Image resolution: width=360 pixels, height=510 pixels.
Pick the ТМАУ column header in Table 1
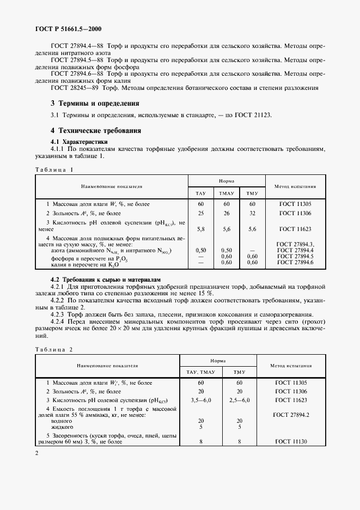click(225, 193)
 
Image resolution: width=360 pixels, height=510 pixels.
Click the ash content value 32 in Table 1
click(252, 213)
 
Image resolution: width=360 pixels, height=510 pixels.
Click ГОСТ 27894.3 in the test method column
click(296, 244)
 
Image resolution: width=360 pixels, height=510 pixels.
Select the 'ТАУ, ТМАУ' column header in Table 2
click(202, 372)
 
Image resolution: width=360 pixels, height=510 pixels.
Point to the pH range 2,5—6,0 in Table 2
click(240, 400)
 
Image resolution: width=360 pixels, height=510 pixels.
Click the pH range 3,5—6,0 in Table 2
click(201, 400)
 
